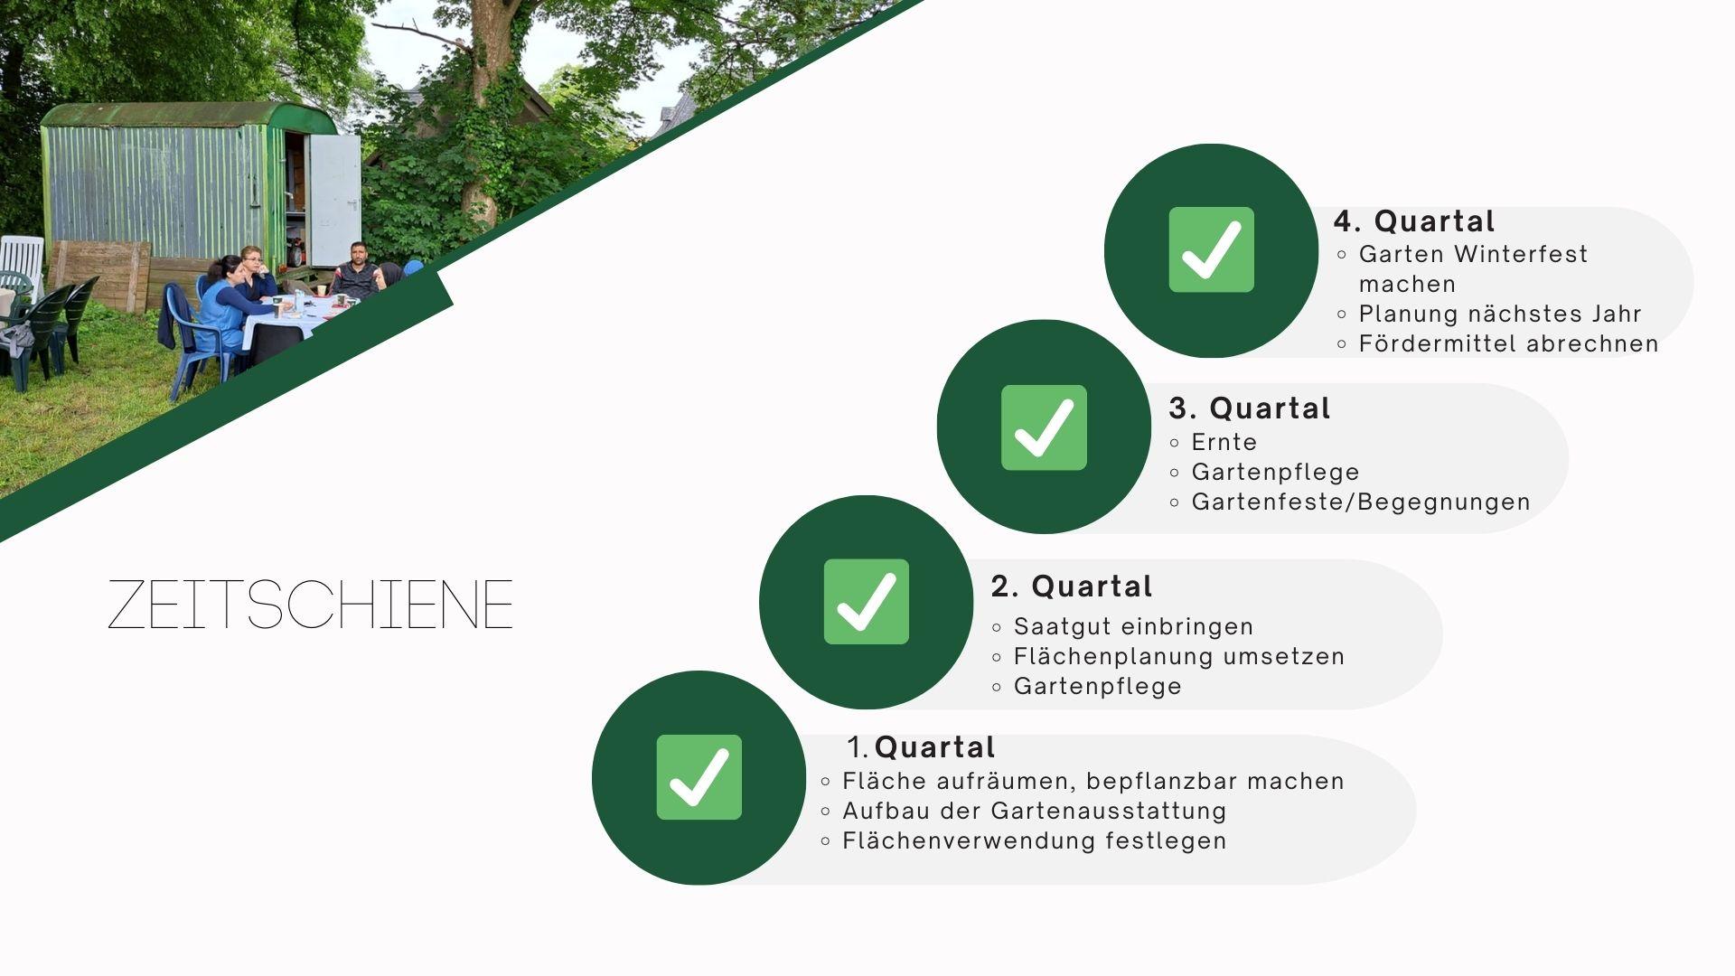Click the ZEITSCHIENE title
(310, 605)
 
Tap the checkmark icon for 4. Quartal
(1211, 249)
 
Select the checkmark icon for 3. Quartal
(1044, 427)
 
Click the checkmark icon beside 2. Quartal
(866, 602)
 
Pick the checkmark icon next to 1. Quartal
(699, 777)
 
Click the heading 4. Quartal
(1414, 221)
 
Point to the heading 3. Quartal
(1250, 408)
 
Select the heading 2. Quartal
(1072, 587)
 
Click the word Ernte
(1224, 442)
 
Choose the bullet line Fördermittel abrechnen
(1509, 343)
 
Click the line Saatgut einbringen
(1134, 626)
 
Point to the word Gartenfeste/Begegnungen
(1361, 502)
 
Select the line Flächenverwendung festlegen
(1035, 840)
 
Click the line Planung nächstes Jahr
(1500, 314)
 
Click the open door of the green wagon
(334, 200)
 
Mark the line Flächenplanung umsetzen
(1179, 657)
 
